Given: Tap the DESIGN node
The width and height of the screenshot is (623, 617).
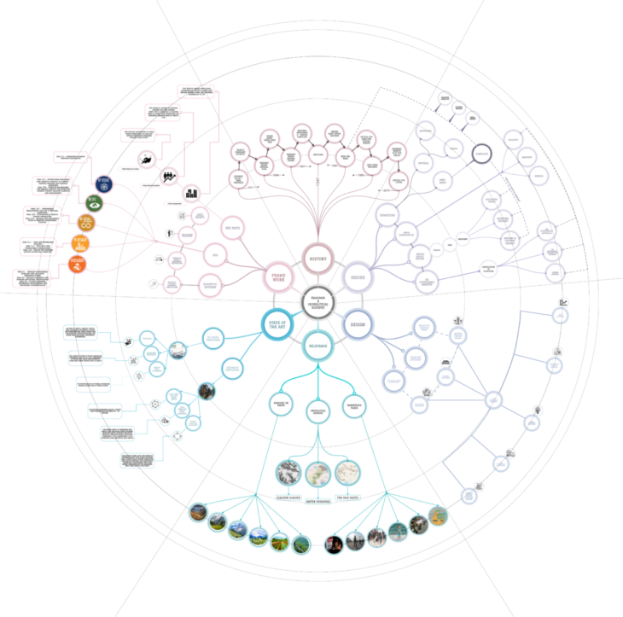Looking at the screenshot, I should pyautogui.click(x=358, y=325).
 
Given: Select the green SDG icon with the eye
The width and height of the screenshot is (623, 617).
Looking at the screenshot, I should pyautogui.click(x=95, y=203).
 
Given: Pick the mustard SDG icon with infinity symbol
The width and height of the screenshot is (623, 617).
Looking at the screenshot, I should pyautogui.click(x=87, y=223).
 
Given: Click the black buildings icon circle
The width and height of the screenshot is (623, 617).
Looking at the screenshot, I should pyautogui.click(x=191, y=195).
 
